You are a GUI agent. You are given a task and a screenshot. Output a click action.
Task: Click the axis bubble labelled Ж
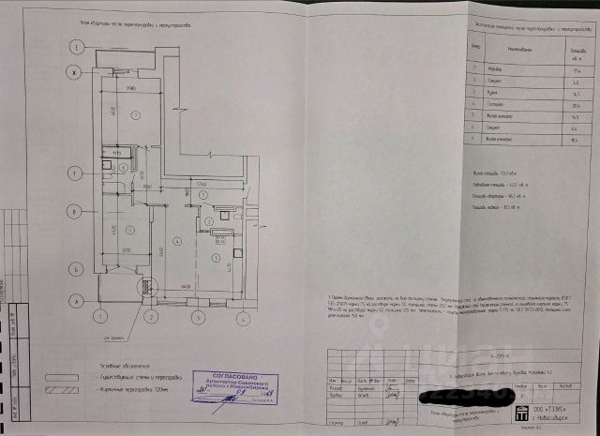[x=68, y=72]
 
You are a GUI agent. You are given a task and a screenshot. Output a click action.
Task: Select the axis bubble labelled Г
[x=68, y=172]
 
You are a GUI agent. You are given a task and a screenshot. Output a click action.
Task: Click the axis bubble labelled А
[x=68, y=302]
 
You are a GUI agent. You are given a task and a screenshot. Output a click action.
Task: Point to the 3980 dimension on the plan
[x=132, y=87]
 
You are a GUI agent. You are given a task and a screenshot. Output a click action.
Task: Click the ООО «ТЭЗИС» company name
[x=555, y=411]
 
